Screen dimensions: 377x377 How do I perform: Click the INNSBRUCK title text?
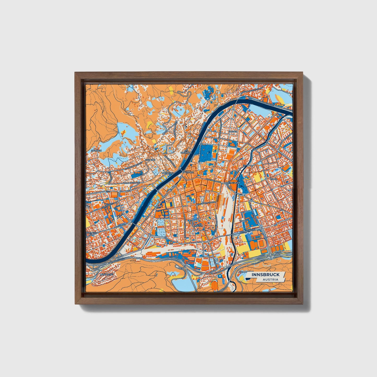[x=266, y=275]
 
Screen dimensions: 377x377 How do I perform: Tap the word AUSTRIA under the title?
[x=270, y=280]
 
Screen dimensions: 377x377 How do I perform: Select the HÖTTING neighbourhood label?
[x=151, y=160]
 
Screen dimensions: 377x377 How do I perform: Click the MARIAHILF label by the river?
[x=167, y=173]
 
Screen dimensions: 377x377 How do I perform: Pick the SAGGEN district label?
[x=233, y=132]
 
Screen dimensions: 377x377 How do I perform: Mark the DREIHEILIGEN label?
[x=233, y=183]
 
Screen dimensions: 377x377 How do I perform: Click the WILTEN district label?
[x=198, y=225]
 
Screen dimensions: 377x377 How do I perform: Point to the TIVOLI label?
[x=243, y=221]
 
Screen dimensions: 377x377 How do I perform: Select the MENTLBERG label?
[x=106, y=275]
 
